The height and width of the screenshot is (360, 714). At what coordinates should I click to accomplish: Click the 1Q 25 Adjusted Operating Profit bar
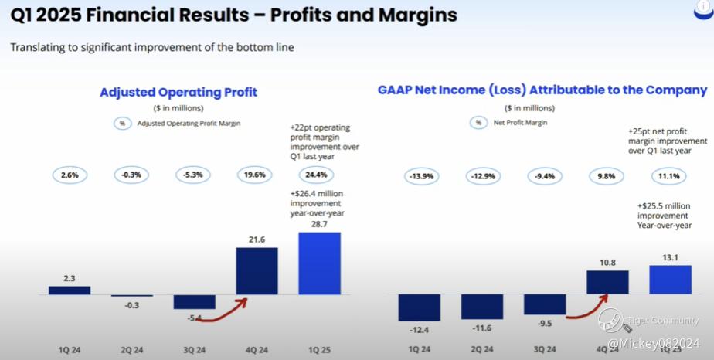pyautogui.click(x=319, y=263)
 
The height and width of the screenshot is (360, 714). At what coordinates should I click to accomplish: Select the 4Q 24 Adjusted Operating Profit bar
pyautogui.click(x=257, y=271)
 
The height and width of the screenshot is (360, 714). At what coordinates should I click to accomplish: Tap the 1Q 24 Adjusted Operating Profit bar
pyautogui.click(x=70, y=290)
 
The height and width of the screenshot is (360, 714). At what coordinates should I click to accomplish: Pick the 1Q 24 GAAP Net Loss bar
pyautogui.click(x=420, y=307)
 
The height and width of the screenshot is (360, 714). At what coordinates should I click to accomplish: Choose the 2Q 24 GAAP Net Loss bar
pyautogui.click(x=481, y=307)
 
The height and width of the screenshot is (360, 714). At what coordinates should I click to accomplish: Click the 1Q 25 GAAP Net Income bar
pyautogui.click(x=670, y=280)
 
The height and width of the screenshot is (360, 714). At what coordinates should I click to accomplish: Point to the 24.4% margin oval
pyautogui.click(x=319, y=175)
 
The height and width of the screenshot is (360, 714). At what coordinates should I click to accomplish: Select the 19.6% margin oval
pyautogui.click(x=255, y=175)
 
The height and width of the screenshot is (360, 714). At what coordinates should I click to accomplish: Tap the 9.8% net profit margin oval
pyautogui.click(x=607, y=177)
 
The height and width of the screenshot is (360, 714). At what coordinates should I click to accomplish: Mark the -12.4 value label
pyautogui.click(x=419, y=329)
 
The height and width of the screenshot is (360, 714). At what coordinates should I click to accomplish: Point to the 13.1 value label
pyautogui.click(x=669, y=259)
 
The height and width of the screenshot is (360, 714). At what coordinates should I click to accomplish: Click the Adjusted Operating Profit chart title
pyautogui.click(x=178, y=93)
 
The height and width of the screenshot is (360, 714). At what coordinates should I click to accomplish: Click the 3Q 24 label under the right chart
pyautogui.click(x=545, y=348)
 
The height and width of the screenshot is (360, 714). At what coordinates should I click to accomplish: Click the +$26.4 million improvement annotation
pyautogui.click(x=317, y=202)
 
